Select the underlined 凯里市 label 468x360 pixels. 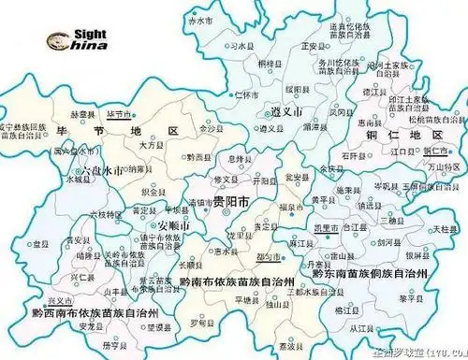click(326, 225)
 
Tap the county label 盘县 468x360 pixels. click(39, 242)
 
